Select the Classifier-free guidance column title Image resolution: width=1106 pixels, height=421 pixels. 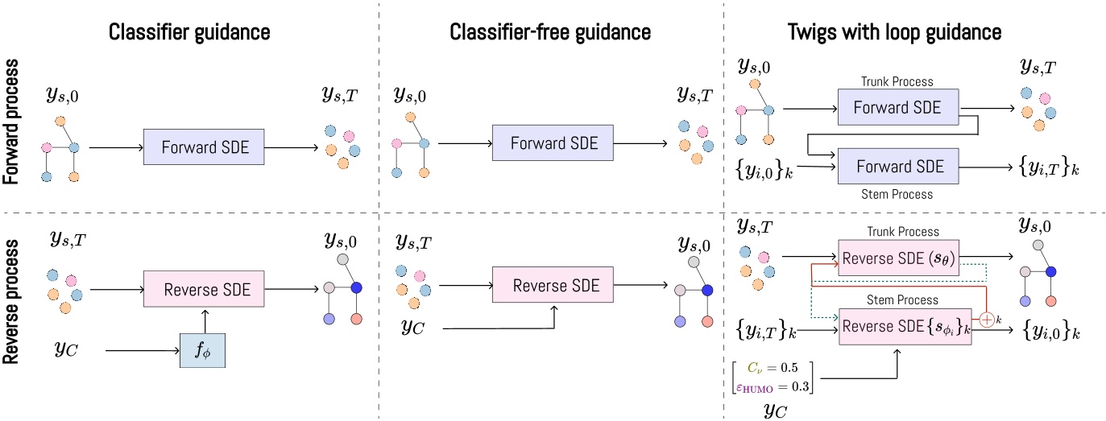[x=551, y=33]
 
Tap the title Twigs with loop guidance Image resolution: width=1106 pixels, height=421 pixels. [x=893, y=33]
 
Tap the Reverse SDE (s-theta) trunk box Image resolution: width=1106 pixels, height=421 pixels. [x=897, y=257]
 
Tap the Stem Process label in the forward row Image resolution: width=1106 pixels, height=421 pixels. [x=897, y=194]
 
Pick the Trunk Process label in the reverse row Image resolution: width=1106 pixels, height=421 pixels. [x=897, y=231]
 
